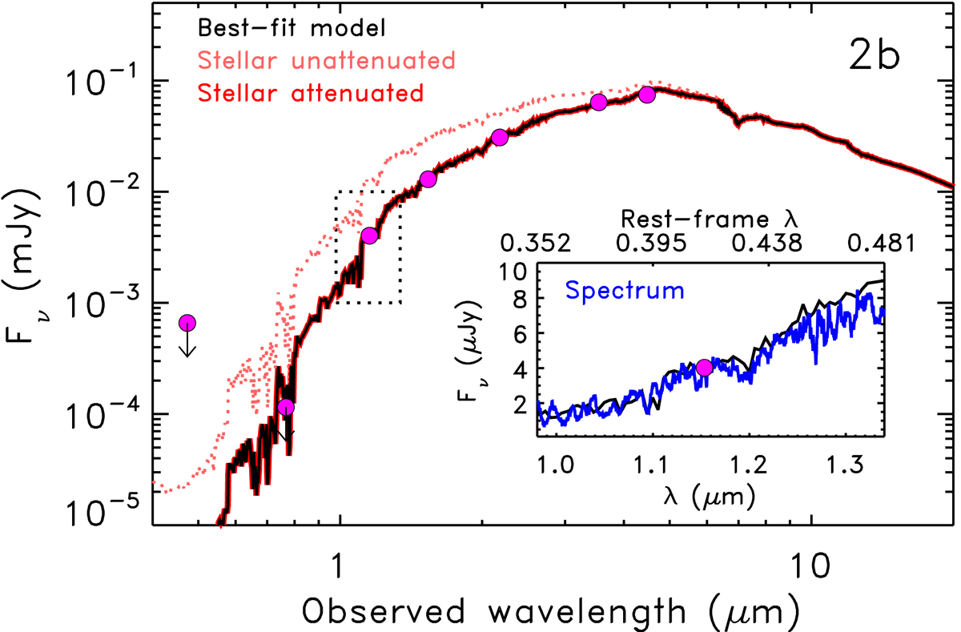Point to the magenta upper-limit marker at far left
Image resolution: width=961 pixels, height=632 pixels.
(187, 323)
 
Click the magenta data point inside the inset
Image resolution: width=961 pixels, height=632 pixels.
(705, 368)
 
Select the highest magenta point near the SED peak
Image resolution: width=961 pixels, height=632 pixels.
(647, 95)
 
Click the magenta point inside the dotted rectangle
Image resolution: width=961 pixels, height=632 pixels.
(369, 235)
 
